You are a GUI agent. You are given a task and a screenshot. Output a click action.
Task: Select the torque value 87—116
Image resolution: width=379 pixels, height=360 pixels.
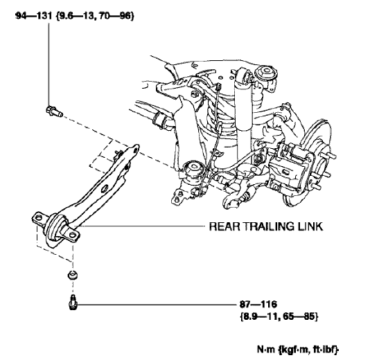[254, 304]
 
